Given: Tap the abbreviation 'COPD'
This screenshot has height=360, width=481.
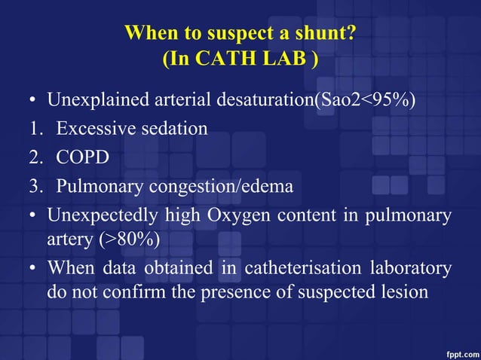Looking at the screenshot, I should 81,157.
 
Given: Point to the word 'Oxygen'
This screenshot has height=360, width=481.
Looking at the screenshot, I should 235,215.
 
